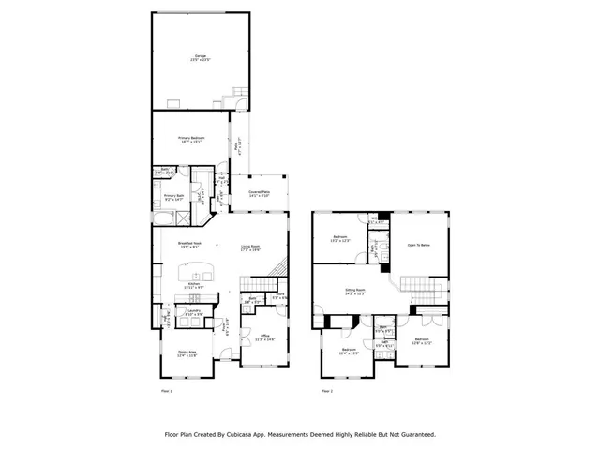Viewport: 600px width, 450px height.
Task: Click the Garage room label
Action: [x=201, y=57]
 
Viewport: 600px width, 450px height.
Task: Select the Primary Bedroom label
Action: [x=191, y=138]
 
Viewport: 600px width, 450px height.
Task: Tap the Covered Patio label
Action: [x=260, y=193]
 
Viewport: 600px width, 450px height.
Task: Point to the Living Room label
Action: [x=249, y=247]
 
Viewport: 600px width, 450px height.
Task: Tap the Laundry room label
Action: [x=195, y=311]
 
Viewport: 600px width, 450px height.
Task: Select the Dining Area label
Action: [x=187, y=354]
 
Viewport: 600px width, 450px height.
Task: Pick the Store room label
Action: [x=279, y=296]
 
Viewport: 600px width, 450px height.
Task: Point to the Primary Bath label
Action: [x=174, y=197]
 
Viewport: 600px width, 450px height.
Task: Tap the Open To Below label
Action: [x=418, y=245]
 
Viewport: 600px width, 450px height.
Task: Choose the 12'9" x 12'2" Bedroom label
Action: [x=421, y=340]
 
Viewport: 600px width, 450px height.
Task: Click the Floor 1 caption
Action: [x=167, y=389]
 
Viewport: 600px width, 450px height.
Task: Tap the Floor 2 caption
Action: [x=327, y=389]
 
